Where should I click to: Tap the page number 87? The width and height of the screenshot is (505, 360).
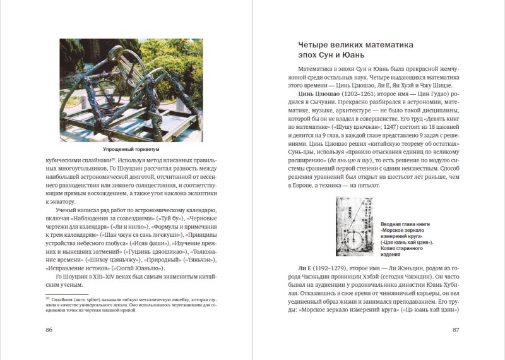pyautogui.click(x=456, y=330)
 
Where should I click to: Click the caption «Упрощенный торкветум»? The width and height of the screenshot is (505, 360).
pyautogui.click(x=132, y=150)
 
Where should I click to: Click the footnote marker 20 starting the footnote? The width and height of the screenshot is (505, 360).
pyautogui.click(x=47, y=295)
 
